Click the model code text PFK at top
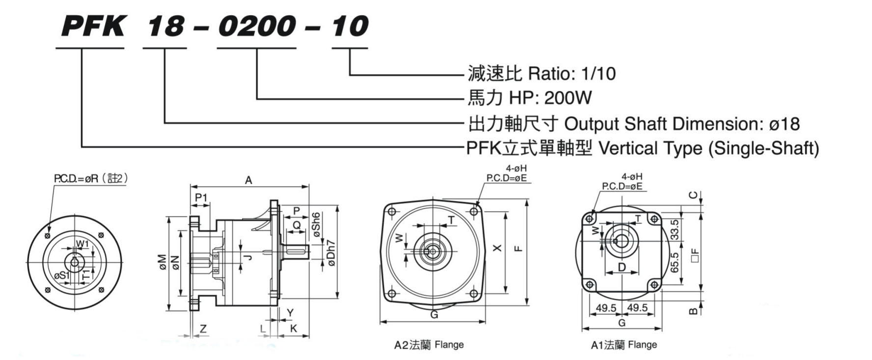(93, 26)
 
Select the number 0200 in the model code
(257, 26)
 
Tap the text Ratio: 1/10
(571, 74)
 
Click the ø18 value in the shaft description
(784, 123)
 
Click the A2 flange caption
(429, 345)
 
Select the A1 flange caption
(624, 345)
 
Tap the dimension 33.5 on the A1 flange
(675, 229)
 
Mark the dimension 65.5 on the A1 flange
(675, 262)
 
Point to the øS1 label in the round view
(62, 276)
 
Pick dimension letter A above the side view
(248, 180)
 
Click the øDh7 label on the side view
(331, 253)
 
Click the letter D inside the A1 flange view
(622, 267)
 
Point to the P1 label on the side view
(201, 197)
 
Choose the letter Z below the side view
(203, 329)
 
